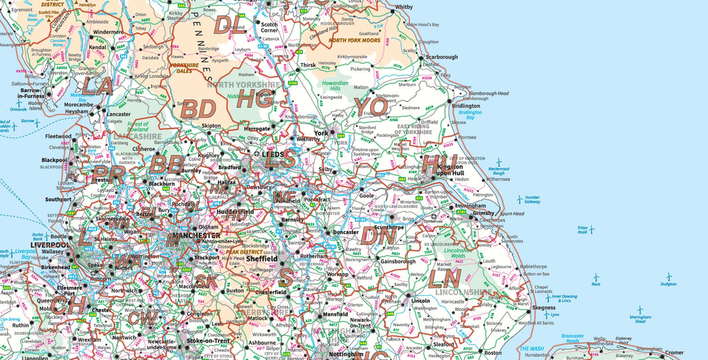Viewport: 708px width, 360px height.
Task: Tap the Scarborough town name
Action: (x=442, y=57)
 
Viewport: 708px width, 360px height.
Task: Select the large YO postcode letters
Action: (x=370, y=106)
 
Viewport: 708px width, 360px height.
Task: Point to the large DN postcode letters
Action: (x=379, y=234)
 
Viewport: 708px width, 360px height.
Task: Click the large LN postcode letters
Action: (x=444, y=277)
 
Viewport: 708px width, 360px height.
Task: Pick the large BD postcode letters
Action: (x=199, y=108)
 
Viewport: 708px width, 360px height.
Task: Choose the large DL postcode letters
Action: (x=229, y=26)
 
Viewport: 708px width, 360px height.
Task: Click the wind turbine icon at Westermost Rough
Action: (x=499, y=162)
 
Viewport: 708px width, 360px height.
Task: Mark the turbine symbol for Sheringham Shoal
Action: (x=640, y=310)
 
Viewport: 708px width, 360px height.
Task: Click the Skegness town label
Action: (x=543, y=308)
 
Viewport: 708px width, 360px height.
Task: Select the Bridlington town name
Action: (x=466, y=106)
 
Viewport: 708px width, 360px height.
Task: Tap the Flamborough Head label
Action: (x=489, y=94)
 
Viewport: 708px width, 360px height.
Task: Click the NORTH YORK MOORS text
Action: (x=355, y=41)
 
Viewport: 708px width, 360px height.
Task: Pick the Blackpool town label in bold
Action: (x=54, y=160)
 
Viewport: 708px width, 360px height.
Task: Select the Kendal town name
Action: (x=98, y=48)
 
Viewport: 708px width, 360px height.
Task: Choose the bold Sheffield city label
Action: (x=261, y=258)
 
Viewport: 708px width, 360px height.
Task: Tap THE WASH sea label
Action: (x=531, y=349)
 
